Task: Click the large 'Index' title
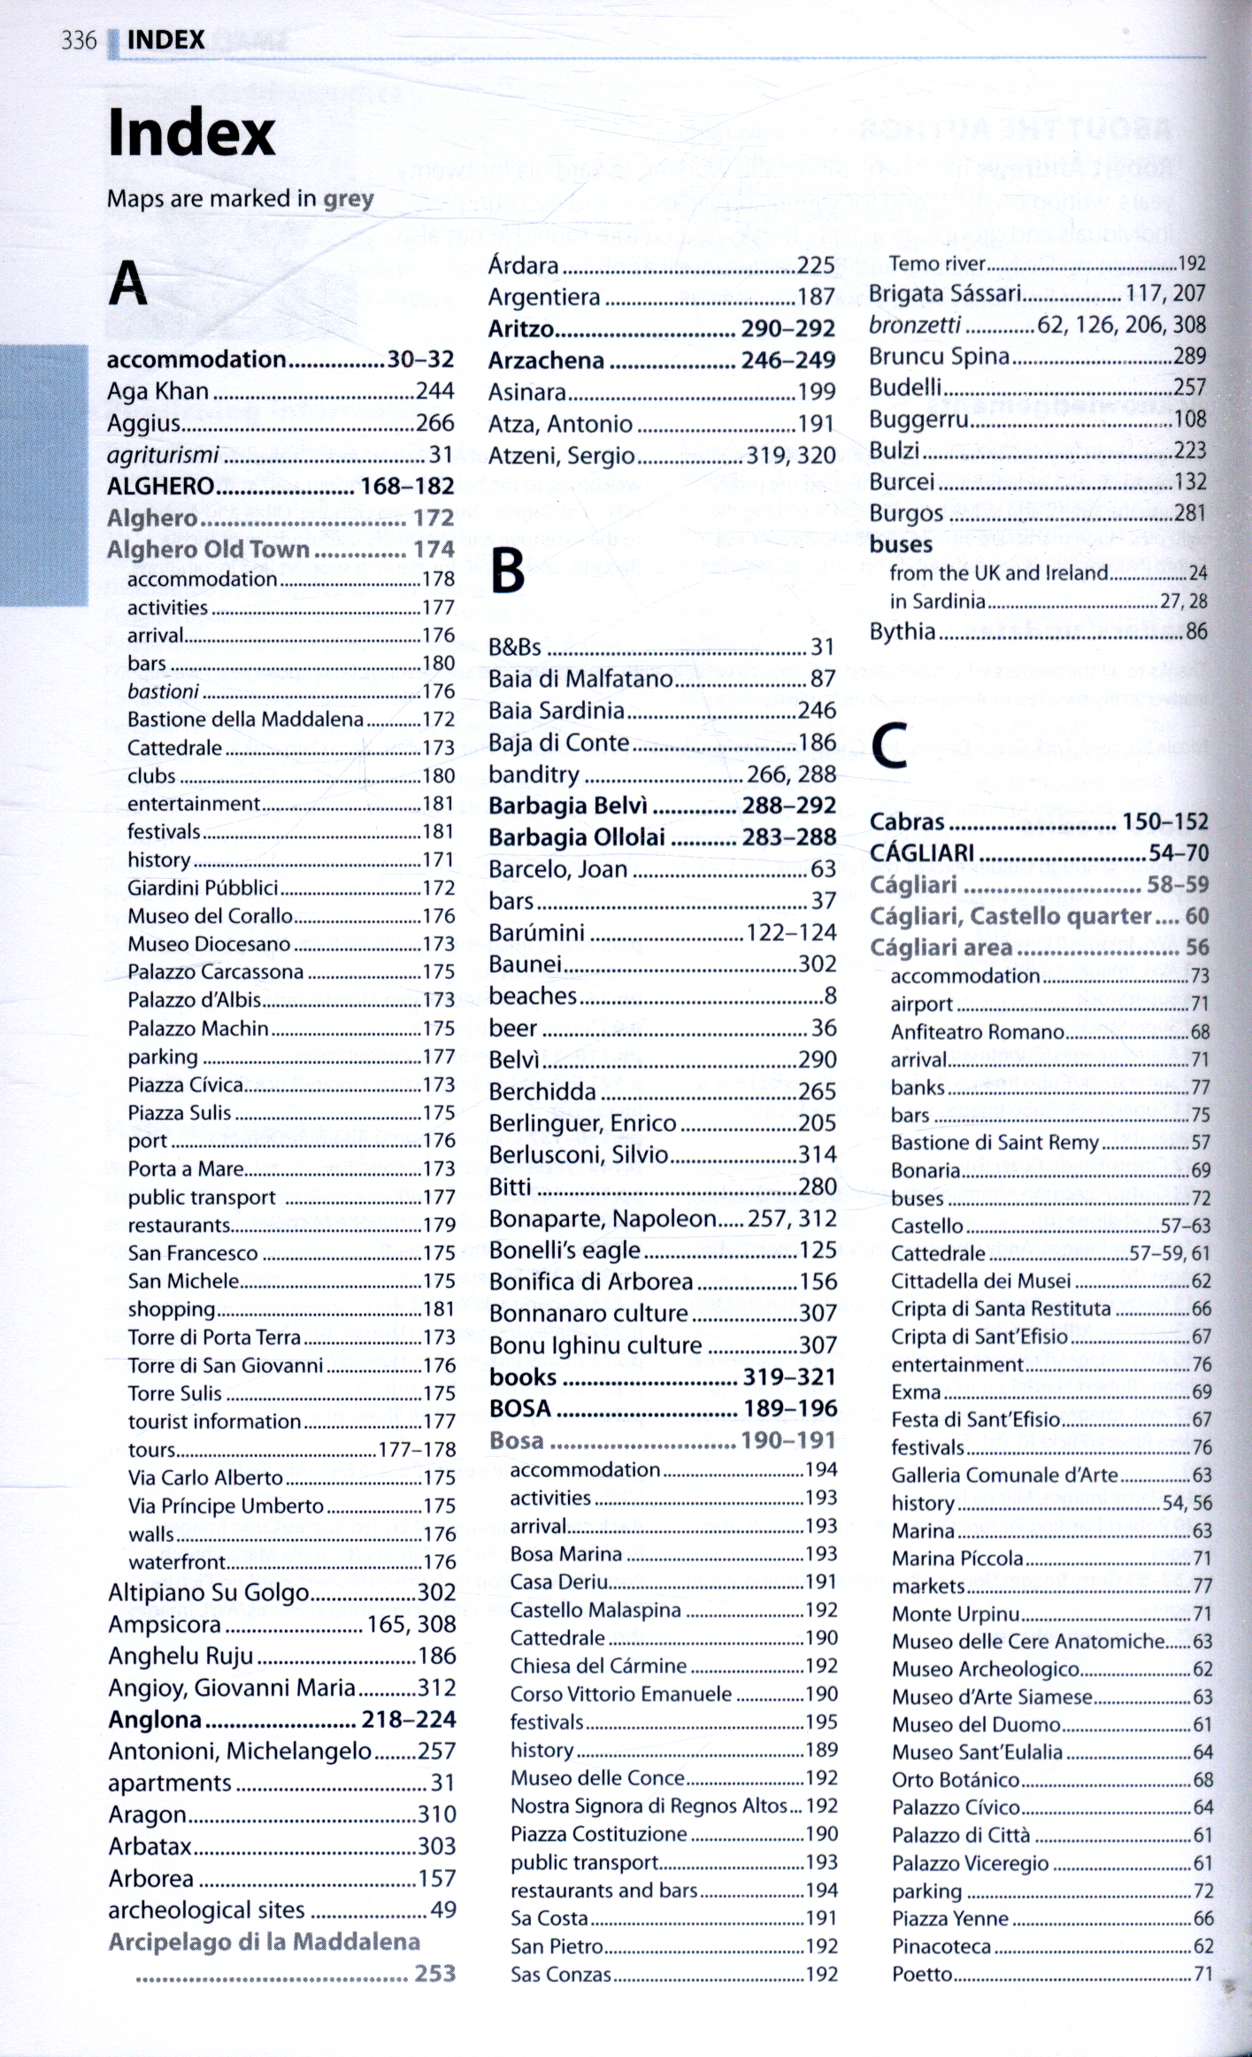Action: click(191, 134)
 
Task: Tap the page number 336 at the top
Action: click(79, 40)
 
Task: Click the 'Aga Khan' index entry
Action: click(158, 391)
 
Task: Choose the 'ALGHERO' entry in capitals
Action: click(161, 486)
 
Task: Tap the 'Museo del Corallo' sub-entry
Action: click(210, 916)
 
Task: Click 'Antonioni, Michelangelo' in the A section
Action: click(240, 1751)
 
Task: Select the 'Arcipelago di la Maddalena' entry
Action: click(264, 1942)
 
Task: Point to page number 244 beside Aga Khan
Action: click(435, 391)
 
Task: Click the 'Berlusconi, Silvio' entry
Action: click(579, 1154)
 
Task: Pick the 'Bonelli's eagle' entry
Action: click(565, 1250)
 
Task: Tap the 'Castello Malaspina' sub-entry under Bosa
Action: click(595, 1610)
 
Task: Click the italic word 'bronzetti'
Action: click(915, 325)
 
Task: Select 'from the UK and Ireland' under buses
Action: click(999, 573)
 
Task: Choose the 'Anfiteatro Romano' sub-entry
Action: click(977, 1032)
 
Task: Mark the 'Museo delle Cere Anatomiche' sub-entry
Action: click(1028, 1641)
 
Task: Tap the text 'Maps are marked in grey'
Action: click(241, 198)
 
